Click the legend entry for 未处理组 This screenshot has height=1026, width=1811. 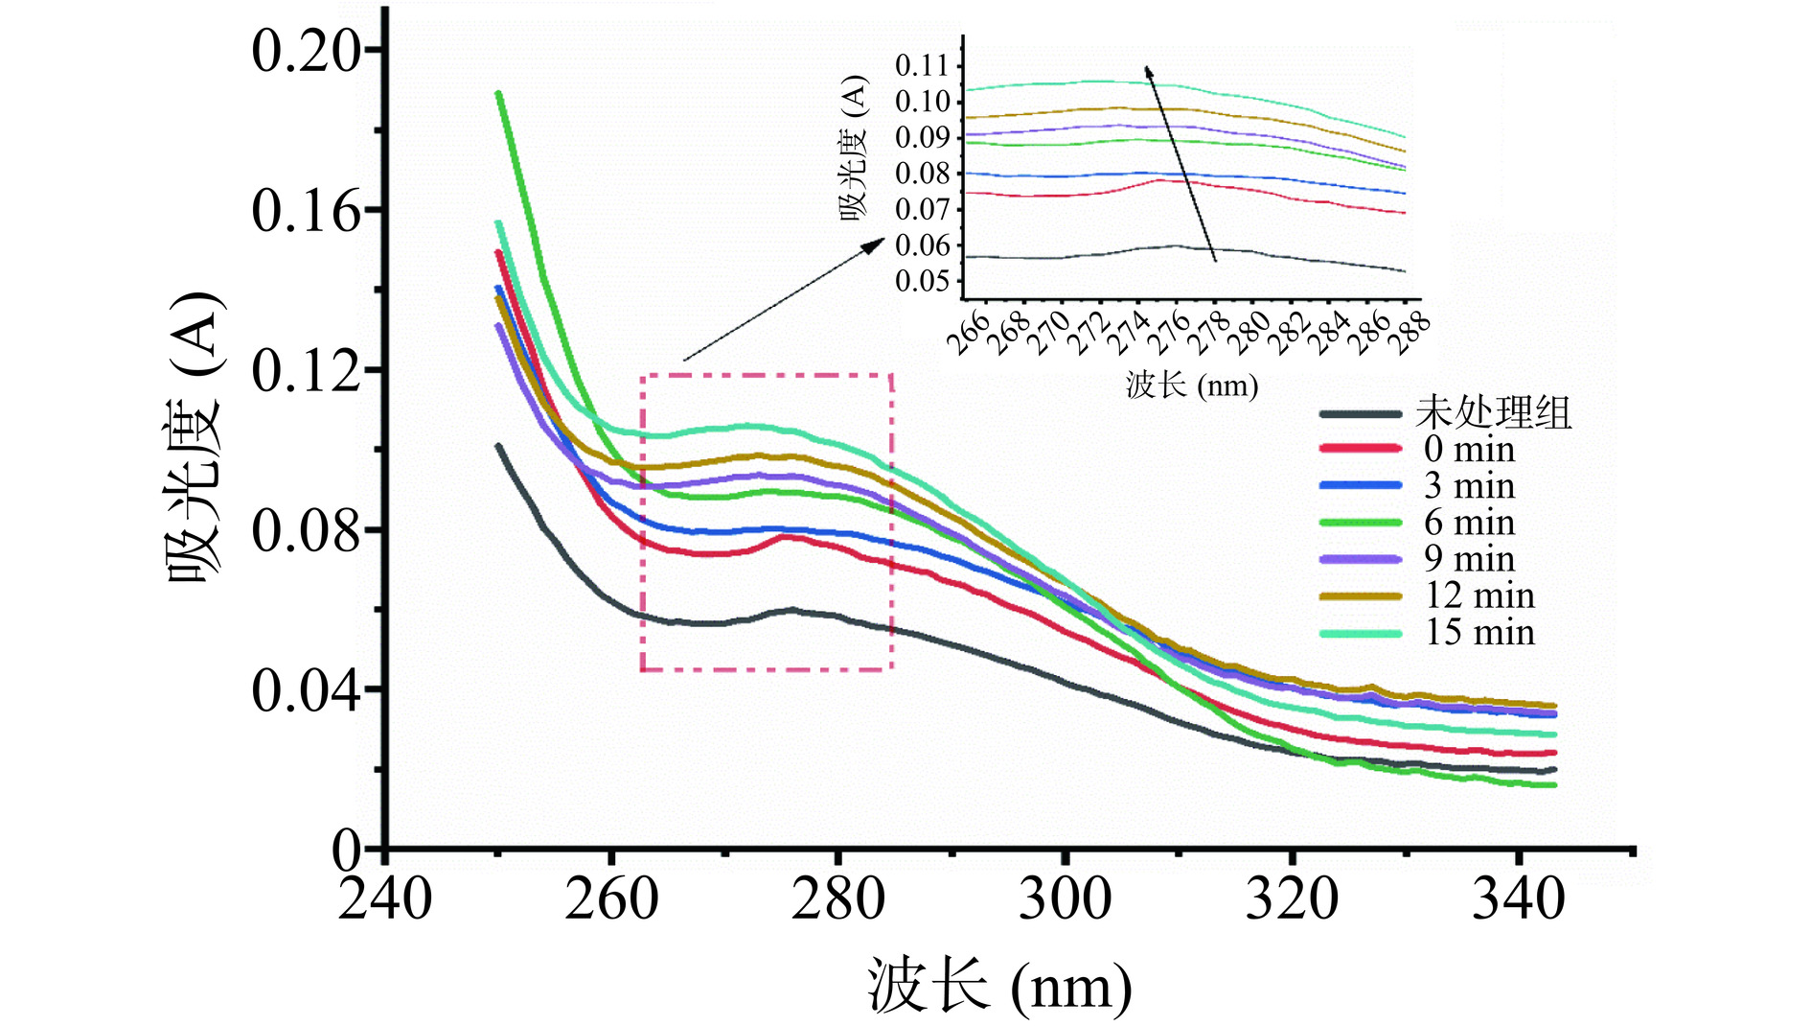tap(1493, 413)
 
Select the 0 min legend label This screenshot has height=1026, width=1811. tap(1469, 449)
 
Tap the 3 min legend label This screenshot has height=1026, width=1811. tap(1469, 485)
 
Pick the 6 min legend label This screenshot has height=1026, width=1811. tap(1469, 523)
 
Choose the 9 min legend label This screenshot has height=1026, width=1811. tap(1469, 558)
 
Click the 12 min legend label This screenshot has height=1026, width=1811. tap(1479, 595)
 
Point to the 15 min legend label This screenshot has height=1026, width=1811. tap(1479, 632)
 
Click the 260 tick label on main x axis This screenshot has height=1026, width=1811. tap(611, 899)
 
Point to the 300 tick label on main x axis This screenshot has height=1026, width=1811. tap(1065, 899)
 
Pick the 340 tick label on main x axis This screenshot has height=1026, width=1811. tap(1518, 899)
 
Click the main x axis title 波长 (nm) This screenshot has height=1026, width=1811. tap(999, 986)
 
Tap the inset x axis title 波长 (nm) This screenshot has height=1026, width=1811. tap(1191, 385)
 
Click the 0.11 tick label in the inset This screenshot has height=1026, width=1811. tap(922, 65)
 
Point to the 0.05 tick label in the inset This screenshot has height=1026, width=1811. tap(922, 281)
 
